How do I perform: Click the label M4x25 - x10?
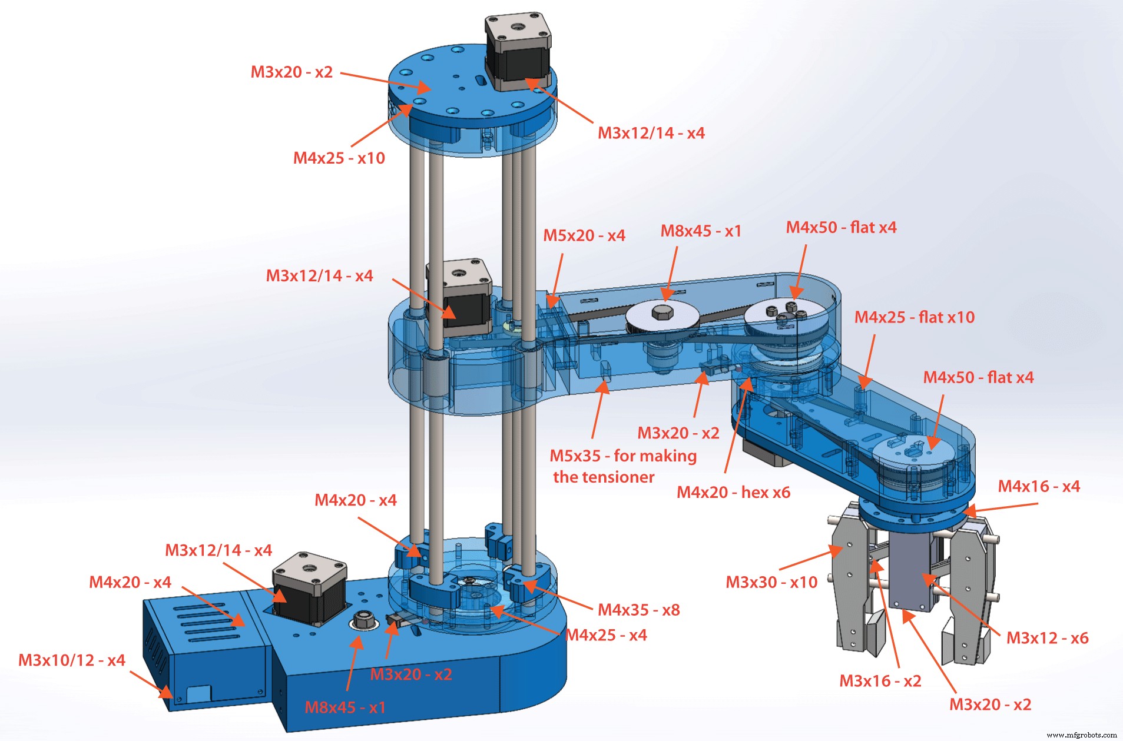pyautogui.click(x=339, y=158)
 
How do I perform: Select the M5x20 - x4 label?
pyautogui.click(x=584, y=235)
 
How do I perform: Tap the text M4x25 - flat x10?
pyautogui.click(x=915, y=317)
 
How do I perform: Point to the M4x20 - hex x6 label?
pyautogui.click(x=733, y=492)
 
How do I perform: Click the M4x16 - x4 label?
pyautogui.click(x=1039, y=486)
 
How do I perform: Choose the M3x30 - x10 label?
pyautogui.click(x=771, y=582)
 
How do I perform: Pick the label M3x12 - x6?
pyautogui.click(x=1047, y=638)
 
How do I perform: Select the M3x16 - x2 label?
pyautogui.click(x=880, y=681)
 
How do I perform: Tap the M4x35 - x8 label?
pyautogui.click(x=639, y=610)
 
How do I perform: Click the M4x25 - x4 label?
pyautogui.click(x=606, y=635)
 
